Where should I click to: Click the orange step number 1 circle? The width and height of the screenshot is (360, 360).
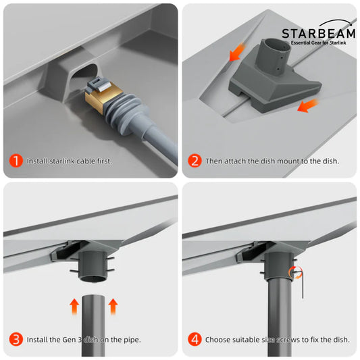click(15, 161)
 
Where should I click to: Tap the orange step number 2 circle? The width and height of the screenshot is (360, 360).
click(195, 161)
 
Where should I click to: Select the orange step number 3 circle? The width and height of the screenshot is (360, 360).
click(15, 339)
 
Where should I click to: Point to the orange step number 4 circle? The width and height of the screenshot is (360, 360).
click(195, 339)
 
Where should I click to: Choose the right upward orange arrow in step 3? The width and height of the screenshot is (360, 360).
click(112, 304)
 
